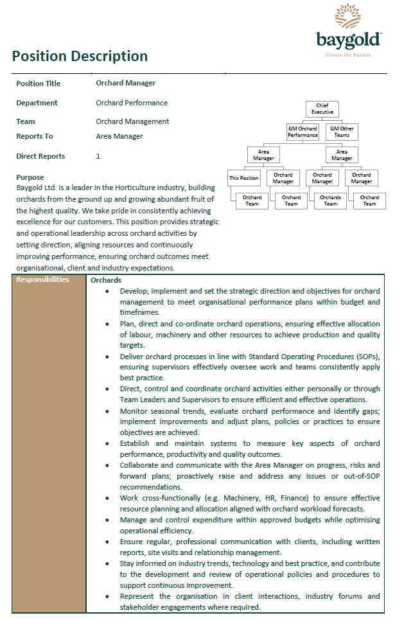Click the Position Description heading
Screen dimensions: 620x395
coord(80,56)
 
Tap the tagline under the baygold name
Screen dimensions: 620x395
coord(348,55)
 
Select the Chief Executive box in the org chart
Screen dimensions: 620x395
coord(322,109)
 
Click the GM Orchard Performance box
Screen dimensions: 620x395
coord(303,132)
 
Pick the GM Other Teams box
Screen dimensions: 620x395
coord(342,132)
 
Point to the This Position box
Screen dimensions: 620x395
coord(244,178)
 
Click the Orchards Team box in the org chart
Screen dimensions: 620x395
coord(330,201)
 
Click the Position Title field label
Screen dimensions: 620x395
coord(38,84)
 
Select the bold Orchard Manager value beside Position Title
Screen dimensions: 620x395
coord(125,83)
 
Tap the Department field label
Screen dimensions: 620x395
coord(37,103)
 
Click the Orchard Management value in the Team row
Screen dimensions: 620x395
coord(132,121)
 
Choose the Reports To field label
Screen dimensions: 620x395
coord(35,136)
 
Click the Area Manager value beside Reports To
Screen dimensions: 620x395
coord(119,136)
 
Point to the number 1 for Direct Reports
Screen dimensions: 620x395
coord(98,156)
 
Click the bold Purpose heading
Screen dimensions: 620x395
coord(30,177)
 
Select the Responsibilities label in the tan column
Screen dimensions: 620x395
coord(42,280)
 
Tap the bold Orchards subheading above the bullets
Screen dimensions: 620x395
coord(106,280)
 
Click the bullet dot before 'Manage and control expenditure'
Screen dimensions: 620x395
coord(107,521)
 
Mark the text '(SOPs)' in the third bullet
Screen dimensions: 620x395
coord(365,357)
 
